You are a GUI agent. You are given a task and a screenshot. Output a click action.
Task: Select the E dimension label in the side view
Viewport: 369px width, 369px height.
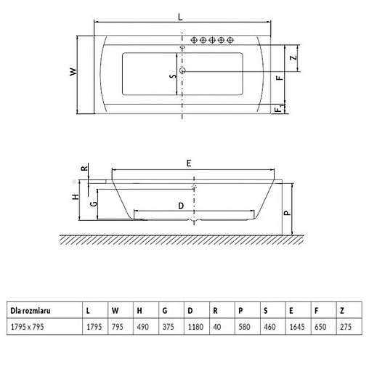190,164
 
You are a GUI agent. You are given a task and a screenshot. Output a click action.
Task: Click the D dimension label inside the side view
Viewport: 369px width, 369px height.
179,205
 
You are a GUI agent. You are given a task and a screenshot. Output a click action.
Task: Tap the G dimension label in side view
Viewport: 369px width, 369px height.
94,205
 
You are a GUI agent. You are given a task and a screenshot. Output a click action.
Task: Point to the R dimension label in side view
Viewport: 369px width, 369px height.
85,169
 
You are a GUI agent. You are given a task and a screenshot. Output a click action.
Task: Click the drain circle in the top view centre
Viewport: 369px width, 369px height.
182,70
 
